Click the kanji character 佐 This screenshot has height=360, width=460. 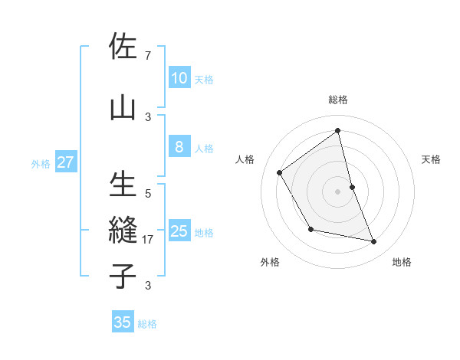coord(123,47)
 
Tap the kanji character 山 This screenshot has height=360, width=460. coord(123,107)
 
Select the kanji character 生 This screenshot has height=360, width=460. coord(123,186)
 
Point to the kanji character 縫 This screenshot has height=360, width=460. coord(123,231)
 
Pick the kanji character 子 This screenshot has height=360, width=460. coord(123,275)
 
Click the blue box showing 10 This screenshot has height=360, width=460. coord(179,78)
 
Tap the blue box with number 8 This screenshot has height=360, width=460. coord(179,147)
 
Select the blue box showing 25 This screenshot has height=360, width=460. coord(179,231)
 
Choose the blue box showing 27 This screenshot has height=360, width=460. coord(65,162)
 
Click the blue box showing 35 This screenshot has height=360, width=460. coord(123,322)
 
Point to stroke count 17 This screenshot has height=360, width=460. coord(149,240)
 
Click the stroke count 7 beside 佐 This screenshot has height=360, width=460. coord(147,56)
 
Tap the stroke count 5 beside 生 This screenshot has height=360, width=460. coord(148,195)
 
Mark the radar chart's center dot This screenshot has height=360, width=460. coord(337,191)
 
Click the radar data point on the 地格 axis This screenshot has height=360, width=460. coord(374,242)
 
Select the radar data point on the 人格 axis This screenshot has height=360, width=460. coord(280,172)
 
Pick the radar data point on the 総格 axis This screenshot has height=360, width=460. coord(337,130)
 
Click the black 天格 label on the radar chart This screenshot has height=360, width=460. coord(432,159)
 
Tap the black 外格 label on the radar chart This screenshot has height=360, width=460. coord(270,262)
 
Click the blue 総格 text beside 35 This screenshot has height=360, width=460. coord(147,324)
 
